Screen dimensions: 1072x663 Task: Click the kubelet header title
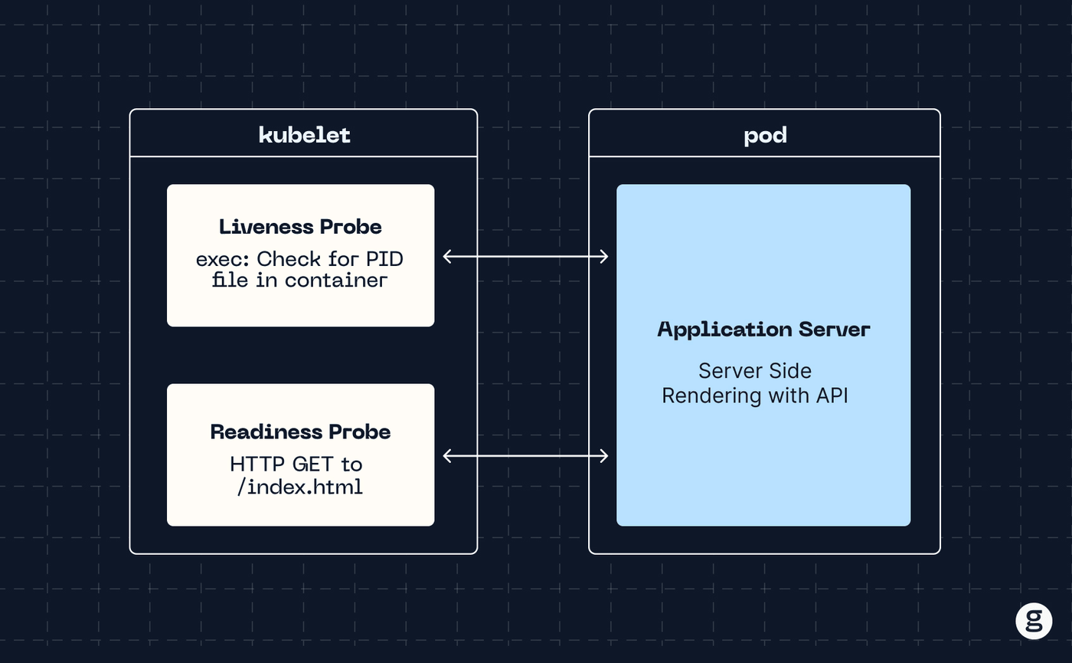(305, 135)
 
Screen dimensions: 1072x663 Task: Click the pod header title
(765, 136)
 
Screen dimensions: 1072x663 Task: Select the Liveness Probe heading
(300, 227)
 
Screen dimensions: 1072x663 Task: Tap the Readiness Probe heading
(300, 432)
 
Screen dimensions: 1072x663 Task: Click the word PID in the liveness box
(384, 259)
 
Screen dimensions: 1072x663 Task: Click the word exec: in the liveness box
(223, 260)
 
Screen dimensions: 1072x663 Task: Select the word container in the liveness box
(336, 281)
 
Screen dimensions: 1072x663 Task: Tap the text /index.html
(300, 487)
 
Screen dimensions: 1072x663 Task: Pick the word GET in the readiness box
(313, 464)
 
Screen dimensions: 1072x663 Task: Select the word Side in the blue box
(790, 371)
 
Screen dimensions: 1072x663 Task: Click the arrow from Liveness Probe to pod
(525, 256)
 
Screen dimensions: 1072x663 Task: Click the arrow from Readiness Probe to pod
(525, 455)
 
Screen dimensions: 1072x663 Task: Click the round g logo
(1034, 621)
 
